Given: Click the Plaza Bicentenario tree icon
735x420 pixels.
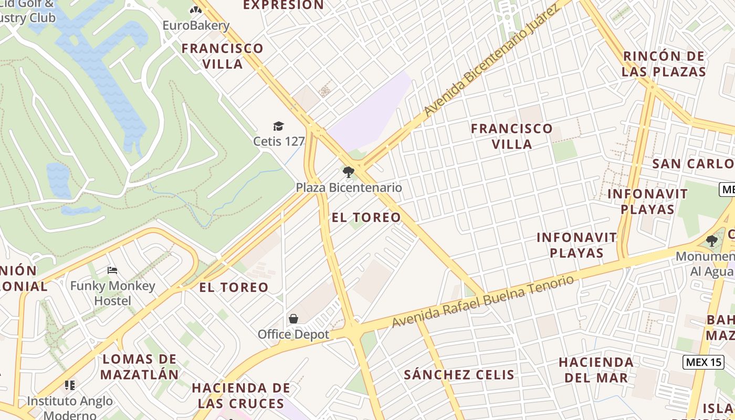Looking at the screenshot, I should pos(348,172).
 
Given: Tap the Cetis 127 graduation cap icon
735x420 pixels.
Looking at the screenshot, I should pos(278,126).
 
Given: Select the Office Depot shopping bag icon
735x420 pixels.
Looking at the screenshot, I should pos(293,319).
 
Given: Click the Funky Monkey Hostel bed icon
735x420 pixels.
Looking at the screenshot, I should pos(112,270).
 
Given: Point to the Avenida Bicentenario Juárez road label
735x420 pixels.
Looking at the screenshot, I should pos(491,61).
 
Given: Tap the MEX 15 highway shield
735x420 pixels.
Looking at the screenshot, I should pos(703,362).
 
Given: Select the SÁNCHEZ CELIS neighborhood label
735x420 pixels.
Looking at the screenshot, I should pos(459,374).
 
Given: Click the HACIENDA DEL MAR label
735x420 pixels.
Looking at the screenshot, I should pos(596,370).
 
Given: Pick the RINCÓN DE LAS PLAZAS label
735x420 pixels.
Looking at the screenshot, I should pos(664,64).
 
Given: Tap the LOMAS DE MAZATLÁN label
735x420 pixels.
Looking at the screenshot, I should pos(140,367).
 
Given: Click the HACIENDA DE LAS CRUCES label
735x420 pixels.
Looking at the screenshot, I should pos(241,395).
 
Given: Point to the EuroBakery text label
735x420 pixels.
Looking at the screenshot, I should pos(196,26).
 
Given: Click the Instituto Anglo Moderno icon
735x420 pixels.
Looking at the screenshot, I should pos(70,385).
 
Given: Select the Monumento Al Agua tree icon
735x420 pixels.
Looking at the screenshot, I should pos(712,241).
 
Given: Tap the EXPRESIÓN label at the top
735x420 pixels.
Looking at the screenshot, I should pos(283,5).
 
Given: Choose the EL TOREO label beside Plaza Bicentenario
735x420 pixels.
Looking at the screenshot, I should pos(366,217).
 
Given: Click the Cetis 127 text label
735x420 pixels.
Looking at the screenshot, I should pos(279,141).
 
